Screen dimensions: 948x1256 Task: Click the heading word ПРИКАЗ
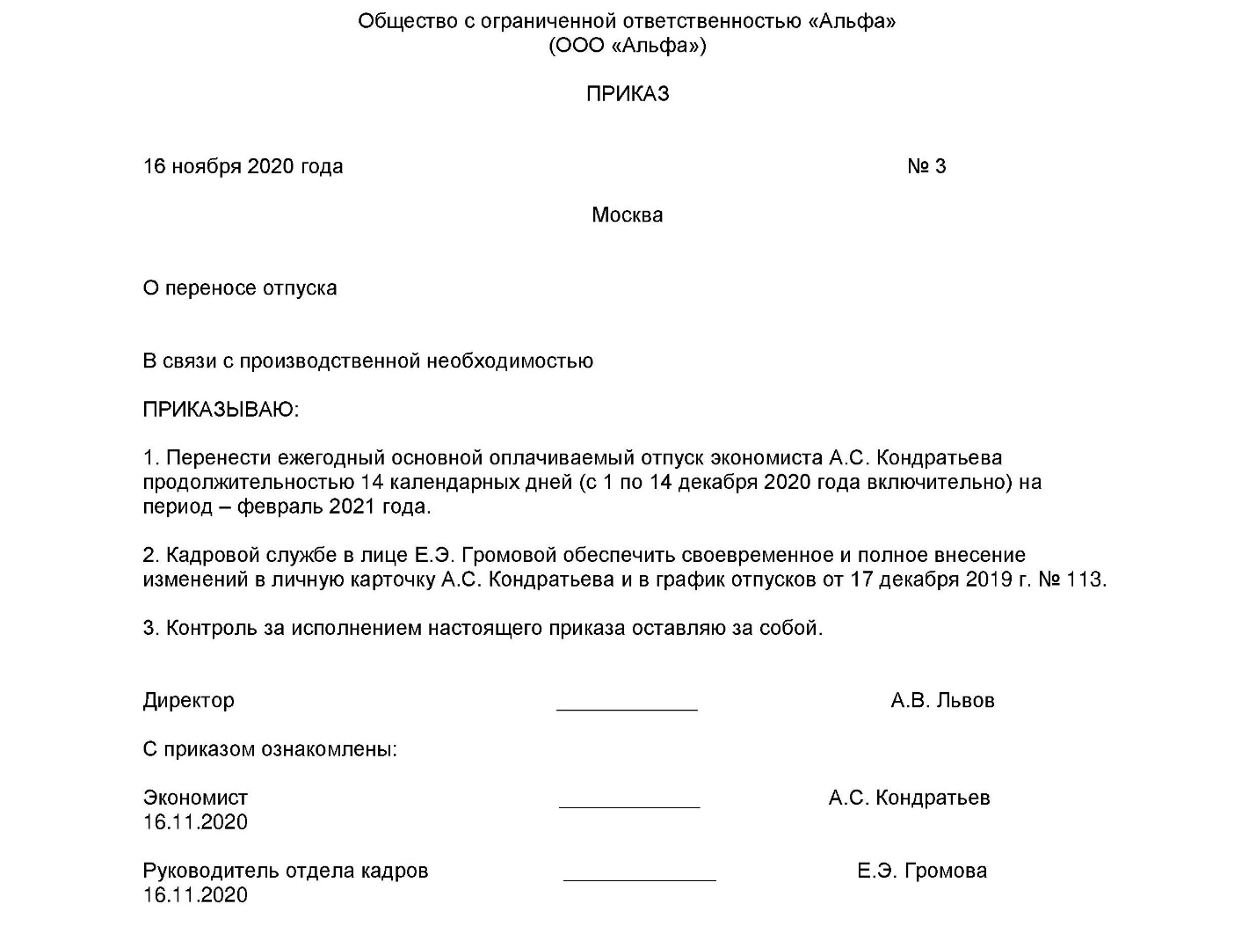[628, 94]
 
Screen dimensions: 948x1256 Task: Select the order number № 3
[926, 167]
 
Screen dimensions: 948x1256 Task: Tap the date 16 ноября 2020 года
[243, 167]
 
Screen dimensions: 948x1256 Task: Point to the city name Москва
[627, 215]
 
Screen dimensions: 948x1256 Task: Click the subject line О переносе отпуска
[240, 288]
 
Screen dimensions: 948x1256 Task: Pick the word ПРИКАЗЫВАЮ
[220, 410]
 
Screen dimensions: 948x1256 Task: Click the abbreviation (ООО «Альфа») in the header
[627, 46]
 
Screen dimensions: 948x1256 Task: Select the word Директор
[189, 701]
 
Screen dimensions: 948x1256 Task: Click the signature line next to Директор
[627, 707]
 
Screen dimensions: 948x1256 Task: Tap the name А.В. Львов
[942, 701]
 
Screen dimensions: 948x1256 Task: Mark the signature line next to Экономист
[629, 805]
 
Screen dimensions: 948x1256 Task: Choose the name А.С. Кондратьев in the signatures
[909, 799]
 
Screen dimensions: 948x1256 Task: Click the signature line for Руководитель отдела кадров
[639, 878]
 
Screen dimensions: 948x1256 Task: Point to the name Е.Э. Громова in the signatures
[922, 871]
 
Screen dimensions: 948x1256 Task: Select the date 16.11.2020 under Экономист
[195, 823]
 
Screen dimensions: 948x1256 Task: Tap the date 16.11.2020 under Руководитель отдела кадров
[195, 896]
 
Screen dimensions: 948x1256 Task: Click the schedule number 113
[1085, 580]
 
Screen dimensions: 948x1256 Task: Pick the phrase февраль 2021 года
[334, 507]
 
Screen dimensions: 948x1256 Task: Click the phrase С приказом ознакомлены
[270, 750]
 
